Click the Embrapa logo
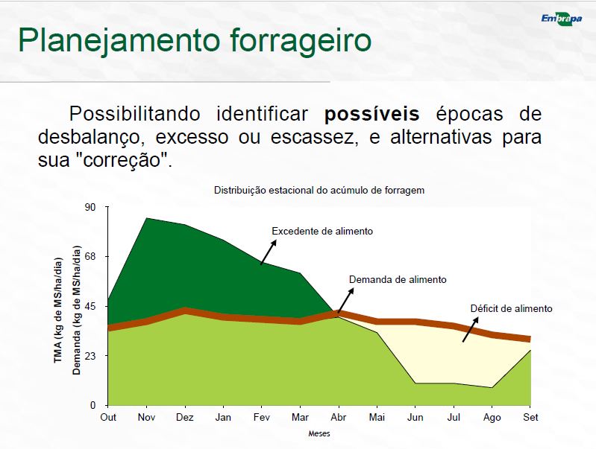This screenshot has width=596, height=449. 562,19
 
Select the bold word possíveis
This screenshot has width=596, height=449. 371,113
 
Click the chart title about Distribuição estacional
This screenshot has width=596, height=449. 319,190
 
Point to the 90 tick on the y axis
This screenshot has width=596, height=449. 90,207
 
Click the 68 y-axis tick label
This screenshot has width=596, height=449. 90,257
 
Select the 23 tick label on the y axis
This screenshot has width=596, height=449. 90,356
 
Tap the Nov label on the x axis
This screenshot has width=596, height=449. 146,418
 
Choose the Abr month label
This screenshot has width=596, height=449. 339,418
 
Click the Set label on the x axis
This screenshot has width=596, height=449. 530,418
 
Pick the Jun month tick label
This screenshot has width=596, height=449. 415,418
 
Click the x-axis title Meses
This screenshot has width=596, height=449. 319,433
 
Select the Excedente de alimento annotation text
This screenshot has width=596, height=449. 322,231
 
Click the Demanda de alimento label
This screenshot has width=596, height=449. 398,280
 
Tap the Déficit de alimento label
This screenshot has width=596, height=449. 511,308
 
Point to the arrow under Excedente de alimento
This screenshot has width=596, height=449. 269,252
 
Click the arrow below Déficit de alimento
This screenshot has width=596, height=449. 471,329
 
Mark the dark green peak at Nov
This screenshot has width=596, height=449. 146,219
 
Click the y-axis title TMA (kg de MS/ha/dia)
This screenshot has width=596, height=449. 57,311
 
